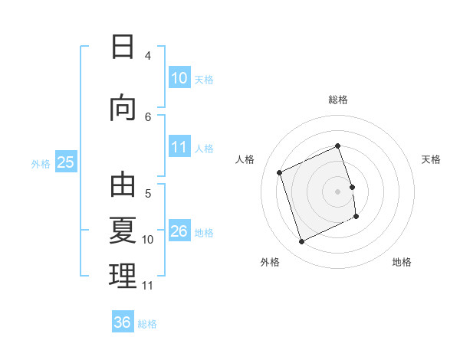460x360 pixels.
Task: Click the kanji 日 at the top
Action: point(123,47)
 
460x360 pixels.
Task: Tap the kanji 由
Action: point(123,185)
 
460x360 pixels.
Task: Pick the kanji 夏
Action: point(123,230)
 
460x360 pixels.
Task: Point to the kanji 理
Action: point(123,276)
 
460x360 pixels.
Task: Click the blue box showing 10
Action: point(179,77)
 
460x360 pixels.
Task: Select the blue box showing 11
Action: point(179,146)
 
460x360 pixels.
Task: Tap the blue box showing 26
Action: point(179,230)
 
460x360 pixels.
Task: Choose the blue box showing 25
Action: point(66,162)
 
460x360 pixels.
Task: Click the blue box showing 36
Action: point(123,321)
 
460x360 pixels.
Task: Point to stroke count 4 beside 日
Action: point(148,55)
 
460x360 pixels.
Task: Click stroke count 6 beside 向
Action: point(148,117)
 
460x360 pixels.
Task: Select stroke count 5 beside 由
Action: point(148,194)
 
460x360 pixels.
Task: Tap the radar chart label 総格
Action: point(338,100)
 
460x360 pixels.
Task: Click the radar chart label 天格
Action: point(431,159)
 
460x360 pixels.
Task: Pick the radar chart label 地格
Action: point(402,262)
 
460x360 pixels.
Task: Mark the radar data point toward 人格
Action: point(280,172)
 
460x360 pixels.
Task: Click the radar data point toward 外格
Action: point(301,242)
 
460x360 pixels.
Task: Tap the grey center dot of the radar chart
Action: point(337,191)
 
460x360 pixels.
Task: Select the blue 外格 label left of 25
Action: point(41,164)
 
